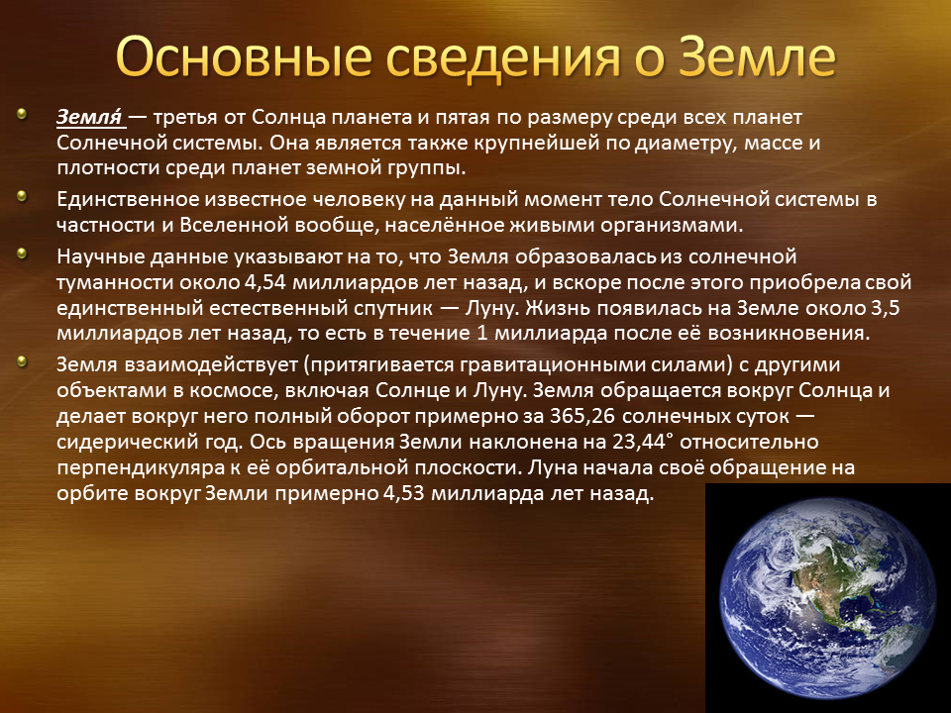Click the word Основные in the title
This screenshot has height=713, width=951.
(x=244, y=57)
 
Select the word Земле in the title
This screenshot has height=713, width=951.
(x=758, y=56)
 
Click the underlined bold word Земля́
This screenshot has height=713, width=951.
(x=90, y=117)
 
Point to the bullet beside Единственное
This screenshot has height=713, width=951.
(x=22, y=196)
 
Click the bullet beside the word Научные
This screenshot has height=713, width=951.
(x=22, y=254)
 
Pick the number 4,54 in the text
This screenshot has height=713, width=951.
(x=266, y=283)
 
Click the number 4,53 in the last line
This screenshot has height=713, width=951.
(x=403, y=493)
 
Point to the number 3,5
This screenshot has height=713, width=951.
(x=885, y=309)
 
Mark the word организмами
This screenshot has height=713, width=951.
(x=672, y=226)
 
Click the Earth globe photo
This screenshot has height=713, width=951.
(x=827, y=598)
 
